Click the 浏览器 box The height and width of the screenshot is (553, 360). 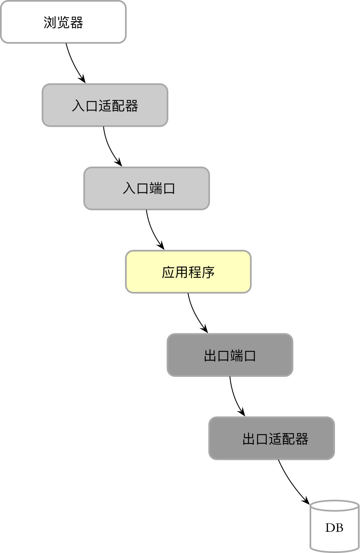tap(63, 22)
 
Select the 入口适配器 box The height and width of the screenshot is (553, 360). tap(105, 105)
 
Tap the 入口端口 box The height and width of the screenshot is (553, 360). tap(147, 188)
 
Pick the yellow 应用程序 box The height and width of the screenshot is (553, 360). tap(188, 272)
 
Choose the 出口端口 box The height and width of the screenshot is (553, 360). tap(230, 355)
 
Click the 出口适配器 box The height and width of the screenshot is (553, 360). tap(272, 438)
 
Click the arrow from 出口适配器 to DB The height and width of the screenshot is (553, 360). tap(291, 483)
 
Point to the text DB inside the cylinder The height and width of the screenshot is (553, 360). tap(334, 528)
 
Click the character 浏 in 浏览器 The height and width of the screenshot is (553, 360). tap(50, 22)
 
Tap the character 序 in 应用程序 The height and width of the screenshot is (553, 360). tap(208, 272)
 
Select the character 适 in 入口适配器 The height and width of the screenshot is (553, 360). tap(105, 106)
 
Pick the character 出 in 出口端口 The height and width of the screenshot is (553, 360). tap(210, 356)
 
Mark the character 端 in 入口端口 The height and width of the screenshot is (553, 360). tap(155, 189)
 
